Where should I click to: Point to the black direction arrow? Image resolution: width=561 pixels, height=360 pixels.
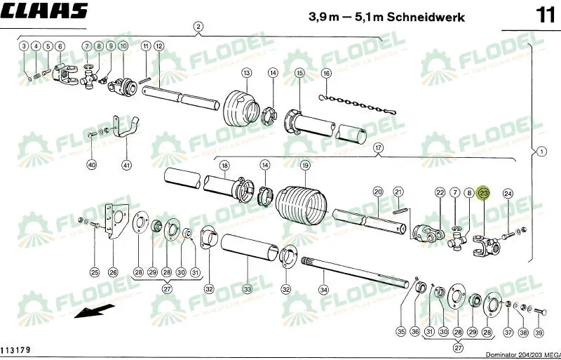click(95, 312)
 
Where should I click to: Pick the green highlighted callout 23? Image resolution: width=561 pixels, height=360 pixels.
click(483, 192)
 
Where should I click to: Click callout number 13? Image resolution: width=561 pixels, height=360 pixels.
click(246, 72)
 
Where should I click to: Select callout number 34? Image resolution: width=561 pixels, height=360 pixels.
click(323, 288)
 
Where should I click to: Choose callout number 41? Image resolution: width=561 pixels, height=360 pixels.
click(126, 165)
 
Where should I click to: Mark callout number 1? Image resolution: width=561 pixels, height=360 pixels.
click(541, 150)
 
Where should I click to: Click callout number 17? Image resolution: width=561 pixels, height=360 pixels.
click(379, 147)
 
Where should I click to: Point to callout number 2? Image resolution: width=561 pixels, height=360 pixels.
click(198, 27)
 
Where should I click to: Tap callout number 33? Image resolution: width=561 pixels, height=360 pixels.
click(247, 288)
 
